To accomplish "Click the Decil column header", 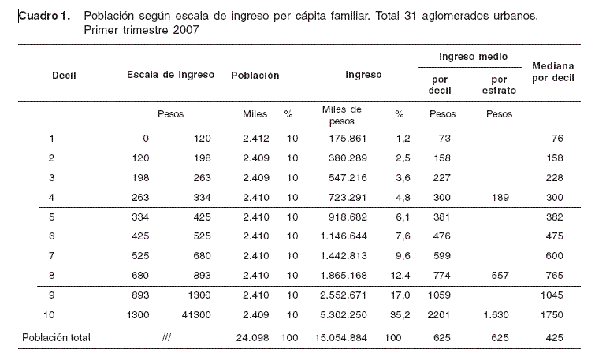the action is (x=64, y=75).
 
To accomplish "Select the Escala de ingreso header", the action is (x=170, y=75).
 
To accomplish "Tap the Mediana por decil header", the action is (x=553, y=72).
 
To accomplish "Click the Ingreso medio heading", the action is (x=473, y=57).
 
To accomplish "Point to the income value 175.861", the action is (x=348, y=138).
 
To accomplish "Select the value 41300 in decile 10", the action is (x=196, y=315).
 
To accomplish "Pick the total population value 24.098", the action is (x=252, y=338).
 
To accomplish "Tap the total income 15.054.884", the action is (x=340, y=338).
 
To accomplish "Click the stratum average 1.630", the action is (x=496, y=315).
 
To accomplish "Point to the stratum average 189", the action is (x=500, y=197).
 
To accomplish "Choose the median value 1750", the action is (x=552, y=315).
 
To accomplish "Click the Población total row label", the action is (x=56, y=338).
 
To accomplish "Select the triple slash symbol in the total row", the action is (x=166, y=338).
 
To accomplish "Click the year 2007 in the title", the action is (x=186, y=30).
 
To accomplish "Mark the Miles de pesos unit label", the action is (x=341, y=115).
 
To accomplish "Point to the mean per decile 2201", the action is (x=439, y=315).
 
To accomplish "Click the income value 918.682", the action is (x=348, y=217).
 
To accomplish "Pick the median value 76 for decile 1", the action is (x=557, y=138).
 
